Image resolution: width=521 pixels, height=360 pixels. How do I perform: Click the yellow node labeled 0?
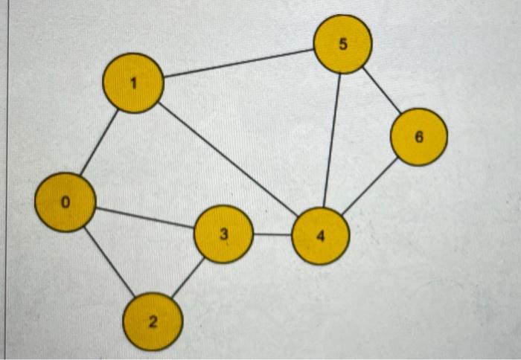pos(65,202)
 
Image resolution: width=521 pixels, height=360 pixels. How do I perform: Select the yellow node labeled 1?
pos(132,83)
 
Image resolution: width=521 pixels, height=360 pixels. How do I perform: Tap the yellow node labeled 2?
pos(153,322)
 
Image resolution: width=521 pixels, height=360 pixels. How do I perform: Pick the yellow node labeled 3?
pos(223,234)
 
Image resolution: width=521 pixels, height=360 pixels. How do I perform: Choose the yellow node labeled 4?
pos(321,237)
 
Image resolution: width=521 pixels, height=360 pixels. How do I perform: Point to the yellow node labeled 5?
pos(342,44)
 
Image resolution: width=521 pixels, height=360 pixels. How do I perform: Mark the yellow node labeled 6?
pos(419,137)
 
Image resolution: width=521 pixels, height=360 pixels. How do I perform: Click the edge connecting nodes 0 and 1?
pos(99,143)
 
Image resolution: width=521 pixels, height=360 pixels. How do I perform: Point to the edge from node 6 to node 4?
pos(369,187)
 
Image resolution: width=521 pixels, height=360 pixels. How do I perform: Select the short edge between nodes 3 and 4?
pos(272,234)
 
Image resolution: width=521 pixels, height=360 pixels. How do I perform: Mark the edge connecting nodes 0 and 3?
pos(145,217)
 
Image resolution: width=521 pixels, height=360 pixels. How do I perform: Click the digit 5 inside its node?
pos(342,44)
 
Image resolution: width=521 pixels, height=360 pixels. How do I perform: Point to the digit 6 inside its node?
pos(419,137)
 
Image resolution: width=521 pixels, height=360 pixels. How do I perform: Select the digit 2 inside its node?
pos(153,322)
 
